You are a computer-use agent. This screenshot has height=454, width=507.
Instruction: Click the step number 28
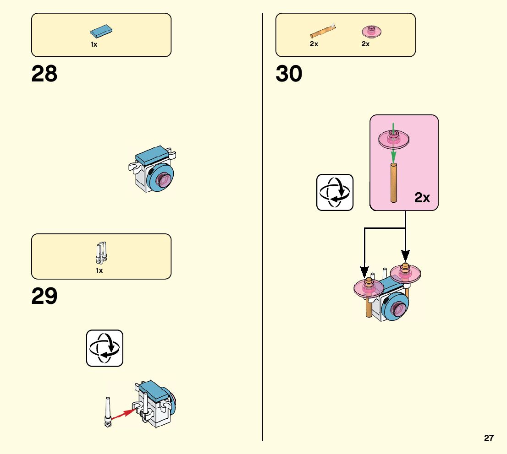click(x=44, y=74)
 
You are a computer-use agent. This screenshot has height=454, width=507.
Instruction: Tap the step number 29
click(x=44, y=297)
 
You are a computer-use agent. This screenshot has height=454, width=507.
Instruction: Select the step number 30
click(x=289, y=74)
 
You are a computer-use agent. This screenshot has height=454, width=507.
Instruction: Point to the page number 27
click(x=489, y=438)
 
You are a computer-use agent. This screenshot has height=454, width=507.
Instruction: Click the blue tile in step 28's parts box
click(x=102, y=31)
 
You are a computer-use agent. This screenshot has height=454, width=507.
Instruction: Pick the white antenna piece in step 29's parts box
click(x=101, y=253)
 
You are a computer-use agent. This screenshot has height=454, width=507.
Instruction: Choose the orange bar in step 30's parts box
click(x=323, y=32)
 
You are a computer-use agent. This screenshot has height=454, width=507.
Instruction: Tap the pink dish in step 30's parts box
click(x=372, y=31)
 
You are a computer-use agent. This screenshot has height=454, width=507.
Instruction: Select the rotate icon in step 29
click(x=105, y=348)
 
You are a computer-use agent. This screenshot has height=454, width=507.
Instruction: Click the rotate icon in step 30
click(x=335, y=192)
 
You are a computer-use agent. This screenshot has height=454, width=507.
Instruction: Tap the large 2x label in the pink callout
click(x=422, y=198)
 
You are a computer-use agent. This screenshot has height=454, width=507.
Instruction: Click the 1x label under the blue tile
click(x=94, y=45)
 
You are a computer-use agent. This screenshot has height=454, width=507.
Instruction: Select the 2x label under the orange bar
click(x=314, y=44)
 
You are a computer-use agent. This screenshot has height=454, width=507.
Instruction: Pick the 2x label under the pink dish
click(x=365, y=44)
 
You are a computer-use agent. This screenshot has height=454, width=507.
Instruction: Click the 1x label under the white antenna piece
click(x=99, y=270)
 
